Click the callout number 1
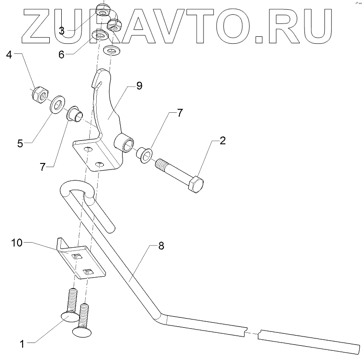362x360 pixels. point(21,342)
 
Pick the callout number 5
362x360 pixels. point(20,143)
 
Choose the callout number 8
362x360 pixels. point(161,246)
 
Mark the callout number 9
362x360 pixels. point(139,86)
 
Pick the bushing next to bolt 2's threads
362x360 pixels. point(143,155)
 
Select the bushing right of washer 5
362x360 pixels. point(74,114)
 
